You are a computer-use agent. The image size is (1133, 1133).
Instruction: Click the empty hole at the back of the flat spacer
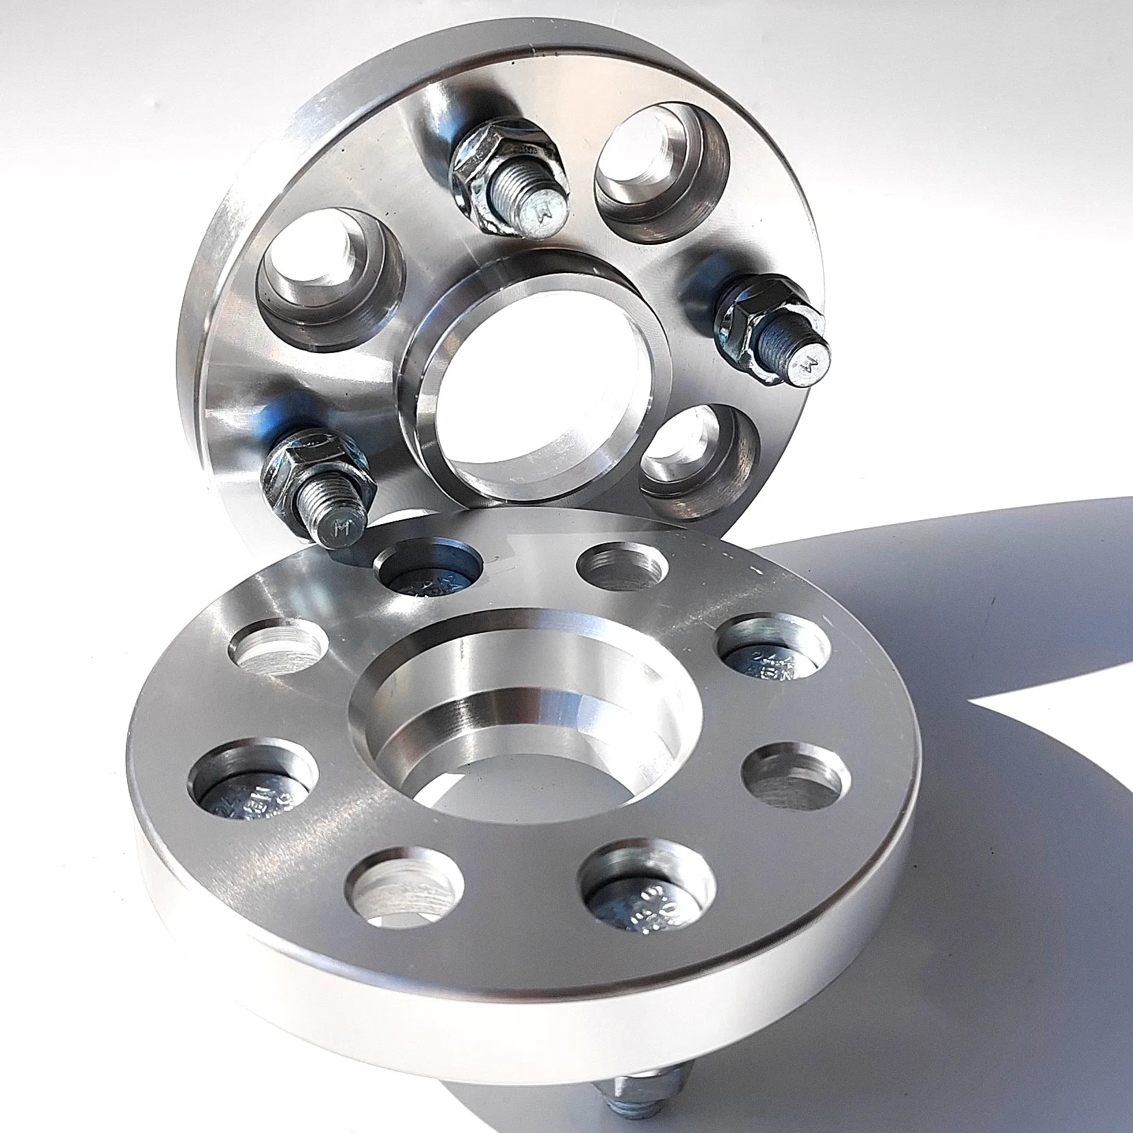[x=623, y=565]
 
